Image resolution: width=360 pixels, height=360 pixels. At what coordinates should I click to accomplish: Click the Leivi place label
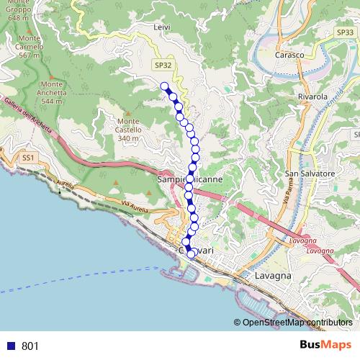tap(162, 27)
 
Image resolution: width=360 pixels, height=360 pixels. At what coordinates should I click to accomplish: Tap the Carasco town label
tap(289, 55)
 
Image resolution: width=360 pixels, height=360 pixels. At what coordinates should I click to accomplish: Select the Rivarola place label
tap(312, 96)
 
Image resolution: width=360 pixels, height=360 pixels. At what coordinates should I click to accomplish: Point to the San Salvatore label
tap(310, 174)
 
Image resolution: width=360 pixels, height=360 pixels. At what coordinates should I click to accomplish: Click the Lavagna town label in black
tap(273, 276)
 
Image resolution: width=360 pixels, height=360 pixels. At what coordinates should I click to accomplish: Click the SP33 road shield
tap(345, 32)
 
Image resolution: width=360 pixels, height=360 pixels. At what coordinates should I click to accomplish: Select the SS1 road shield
tap(28, 156)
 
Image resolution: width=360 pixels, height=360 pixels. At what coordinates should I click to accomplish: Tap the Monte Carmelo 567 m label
tap(30, 46)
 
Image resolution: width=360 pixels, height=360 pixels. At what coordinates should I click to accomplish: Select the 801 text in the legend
tap(30, 346)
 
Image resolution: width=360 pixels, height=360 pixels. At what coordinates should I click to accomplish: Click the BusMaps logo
tap(326, 346)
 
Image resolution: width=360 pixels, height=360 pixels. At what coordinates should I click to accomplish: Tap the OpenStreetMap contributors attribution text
tap(297, 322)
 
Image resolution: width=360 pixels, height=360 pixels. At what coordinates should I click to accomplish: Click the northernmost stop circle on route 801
tap(164, 86)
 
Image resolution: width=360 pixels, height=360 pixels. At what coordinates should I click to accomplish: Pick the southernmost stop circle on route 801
tap(192, 253)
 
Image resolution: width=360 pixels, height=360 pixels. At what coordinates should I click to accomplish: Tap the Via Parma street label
tap(294, 199)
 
